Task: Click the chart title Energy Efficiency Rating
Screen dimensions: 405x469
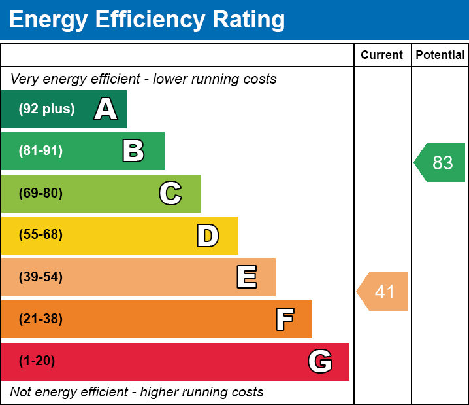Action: tap(147, 20)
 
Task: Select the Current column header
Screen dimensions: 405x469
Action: tap(382, 56)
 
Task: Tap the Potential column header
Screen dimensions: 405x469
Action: tap(440, 56)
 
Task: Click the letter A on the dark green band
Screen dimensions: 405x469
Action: tap(106, 109)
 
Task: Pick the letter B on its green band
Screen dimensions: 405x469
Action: tap(133, 151)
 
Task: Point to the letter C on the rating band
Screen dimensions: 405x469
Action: tap(170, 193)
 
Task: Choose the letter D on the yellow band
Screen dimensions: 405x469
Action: tap(208, 236)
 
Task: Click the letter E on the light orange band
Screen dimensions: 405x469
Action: tap(246, 277)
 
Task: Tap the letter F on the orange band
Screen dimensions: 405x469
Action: tap(284, 319)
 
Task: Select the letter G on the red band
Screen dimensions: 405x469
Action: tap(320, 361)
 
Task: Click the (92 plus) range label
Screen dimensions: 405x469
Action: tap(46, 109)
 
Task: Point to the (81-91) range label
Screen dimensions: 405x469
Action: tap(40, 151)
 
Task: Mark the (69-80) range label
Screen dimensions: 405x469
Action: tap(40, 193)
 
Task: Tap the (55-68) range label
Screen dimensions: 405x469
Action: tap(40, 235)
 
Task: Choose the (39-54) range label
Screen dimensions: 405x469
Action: tap(40, 277)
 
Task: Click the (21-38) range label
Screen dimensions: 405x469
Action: tap(40, 319)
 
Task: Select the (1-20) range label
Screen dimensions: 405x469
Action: tap(37, 361)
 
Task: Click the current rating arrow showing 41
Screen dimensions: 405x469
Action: tap(383, 291)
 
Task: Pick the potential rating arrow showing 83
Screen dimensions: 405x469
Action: tap(441, 162)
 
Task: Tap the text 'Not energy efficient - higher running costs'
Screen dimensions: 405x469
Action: tap(137, 392)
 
